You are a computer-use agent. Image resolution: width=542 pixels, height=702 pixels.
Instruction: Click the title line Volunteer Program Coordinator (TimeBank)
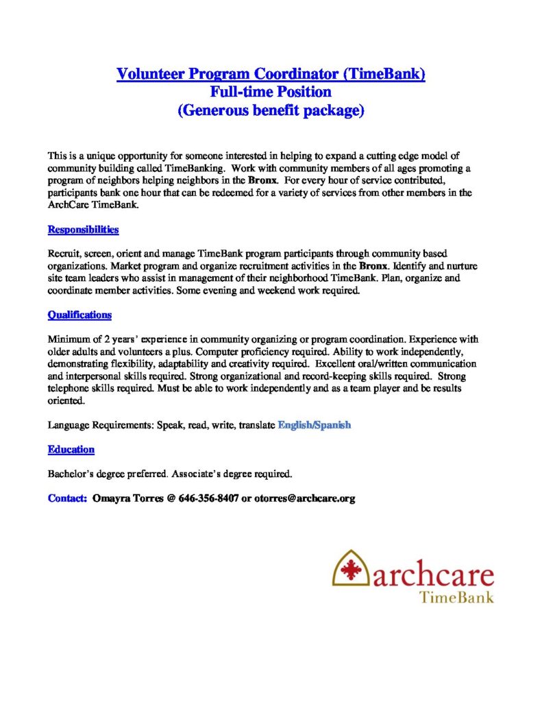[x=271, y=74]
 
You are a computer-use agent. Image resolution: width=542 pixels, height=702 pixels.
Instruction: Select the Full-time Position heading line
[x=271, y=92]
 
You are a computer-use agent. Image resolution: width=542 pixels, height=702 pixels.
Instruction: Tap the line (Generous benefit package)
[x=271, y=110]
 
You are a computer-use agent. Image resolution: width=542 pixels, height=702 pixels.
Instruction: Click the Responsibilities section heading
[x=83, y=230]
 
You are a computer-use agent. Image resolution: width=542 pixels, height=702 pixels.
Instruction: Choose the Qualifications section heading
[x=79, y=315]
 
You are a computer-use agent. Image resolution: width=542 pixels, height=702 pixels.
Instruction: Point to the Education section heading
[x=71, y=450]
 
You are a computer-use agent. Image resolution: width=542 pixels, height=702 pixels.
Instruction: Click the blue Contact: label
[x=67, y=498]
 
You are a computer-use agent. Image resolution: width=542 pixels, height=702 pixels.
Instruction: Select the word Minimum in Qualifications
[x=69, y=339]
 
